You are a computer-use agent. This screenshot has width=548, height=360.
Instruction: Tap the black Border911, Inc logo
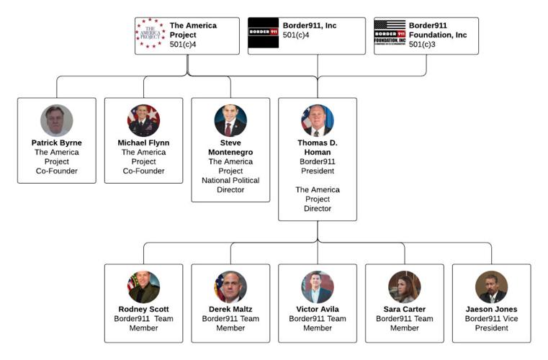(x=263, y=33)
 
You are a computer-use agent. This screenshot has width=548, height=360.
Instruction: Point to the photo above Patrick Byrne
(x=56, y=120)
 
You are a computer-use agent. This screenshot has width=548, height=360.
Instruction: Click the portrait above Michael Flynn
(x=143, y=120)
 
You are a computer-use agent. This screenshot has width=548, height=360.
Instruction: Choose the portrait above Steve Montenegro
(x=230, y=120)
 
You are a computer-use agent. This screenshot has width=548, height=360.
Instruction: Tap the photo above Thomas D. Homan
(x=318, y=120)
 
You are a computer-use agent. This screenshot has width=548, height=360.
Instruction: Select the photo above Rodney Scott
(x=143, y=287)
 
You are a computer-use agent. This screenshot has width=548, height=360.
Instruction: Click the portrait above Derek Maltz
(x=230, y=287)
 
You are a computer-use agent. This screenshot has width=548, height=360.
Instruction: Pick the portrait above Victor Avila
(x=318, y=287)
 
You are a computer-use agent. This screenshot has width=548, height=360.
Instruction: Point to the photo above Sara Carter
(x=405, y=287)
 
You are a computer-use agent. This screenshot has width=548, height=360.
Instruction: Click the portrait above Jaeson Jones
(x=492, y=287)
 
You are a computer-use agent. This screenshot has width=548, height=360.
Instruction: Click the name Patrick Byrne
(x=56, y=143)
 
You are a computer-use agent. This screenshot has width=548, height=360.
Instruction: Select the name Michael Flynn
(x=143, y=143)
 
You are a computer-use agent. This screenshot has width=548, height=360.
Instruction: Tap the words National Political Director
(x=230, y=185)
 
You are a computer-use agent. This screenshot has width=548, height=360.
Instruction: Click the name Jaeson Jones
(x=492, y=309)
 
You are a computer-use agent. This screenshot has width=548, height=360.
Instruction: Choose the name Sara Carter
(x=405, y=309)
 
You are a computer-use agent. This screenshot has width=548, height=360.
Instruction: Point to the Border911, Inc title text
(x=310, y=25)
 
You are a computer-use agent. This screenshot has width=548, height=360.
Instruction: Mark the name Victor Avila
(x=318, y=309)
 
